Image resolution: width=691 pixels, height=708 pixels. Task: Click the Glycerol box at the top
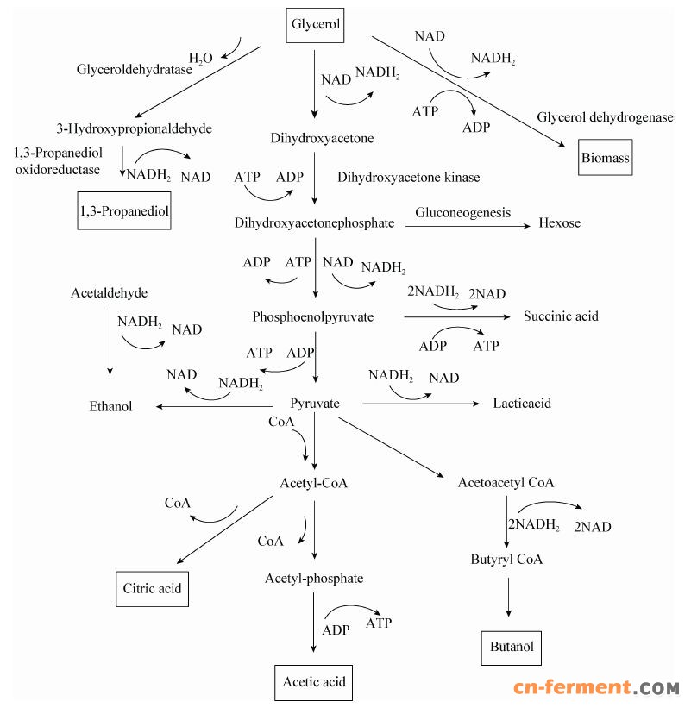[315, 25]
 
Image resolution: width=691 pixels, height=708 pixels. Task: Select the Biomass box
[605, 158]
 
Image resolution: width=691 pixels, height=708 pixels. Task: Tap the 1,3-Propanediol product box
[124, 210]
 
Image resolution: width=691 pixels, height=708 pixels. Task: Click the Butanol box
[512, 647]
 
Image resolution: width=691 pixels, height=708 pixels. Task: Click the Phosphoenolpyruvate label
[313, 317]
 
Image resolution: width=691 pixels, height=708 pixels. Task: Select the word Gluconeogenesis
[462, 212]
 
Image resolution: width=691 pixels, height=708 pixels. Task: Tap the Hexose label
[560, 222]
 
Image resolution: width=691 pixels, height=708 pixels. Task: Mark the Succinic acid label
[561, 316]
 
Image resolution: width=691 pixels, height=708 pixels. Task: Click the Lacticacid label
[522, 404]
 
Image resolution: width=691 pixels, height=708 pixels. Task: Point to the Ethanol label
[110, 406]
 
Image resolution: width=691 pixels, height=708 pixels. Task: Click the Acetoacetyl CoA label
[506, 482]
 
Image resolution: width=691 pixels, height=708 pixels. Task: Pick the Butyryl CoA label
[506, 559]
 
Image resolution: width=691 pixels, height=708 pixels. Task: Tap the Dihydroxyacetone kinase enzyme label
[409, 178]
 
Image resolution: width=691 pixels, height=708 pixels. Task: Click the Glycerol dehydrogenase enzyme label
[605, 117]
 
